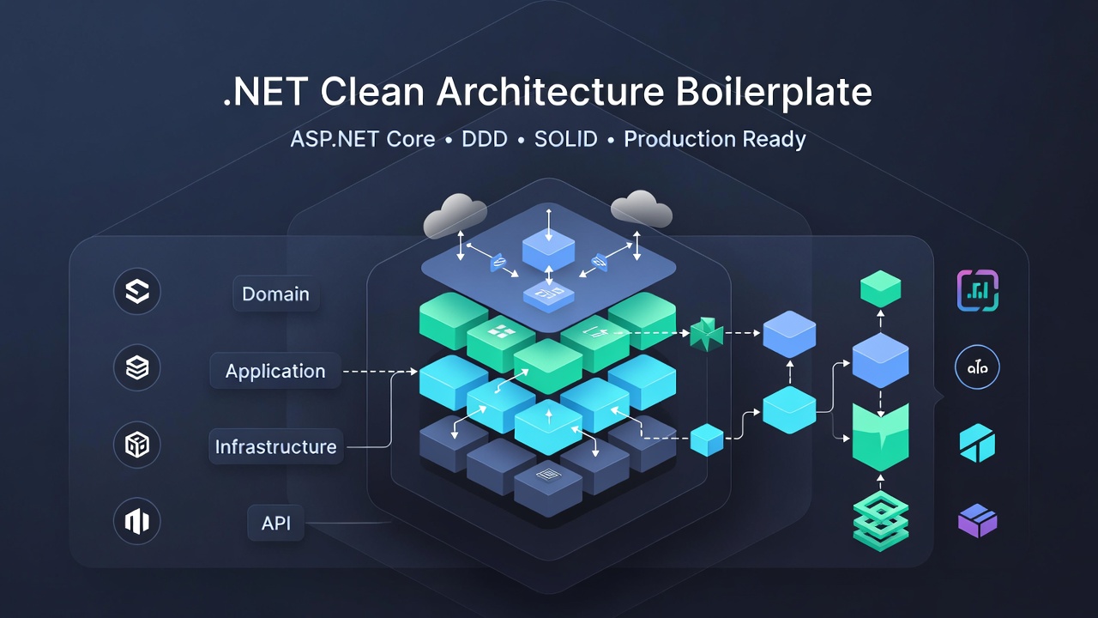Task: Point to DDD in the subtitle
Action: coord(485,139)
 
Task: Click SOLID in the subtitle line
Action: coord(565,139)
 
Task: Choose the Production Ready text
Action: coord(715,139)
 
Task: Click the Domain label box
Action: coord(275,294)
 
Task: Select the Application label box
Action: coord(275,372)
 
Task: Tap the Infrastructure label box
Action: coord(275,447)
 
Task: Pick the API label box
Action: coord(275,523)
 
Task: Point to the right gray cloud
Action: coord(641,209)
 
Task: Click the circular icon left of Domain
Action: coord(137,292)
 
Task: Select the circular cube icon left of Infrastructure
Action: coord(137,445)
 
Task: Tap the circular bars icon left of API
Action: coord(137,521)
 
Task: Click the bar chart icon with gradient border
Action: coord(977,291)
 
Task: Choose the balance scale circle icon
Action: coord(977,368)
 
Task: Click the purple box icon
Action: coord(977,521)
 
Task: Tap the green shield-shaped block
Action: coord(880,436)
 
